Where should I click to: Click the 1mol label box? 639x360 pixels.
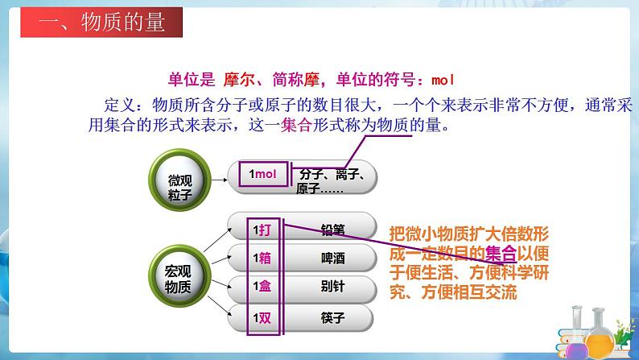tap(262, 174)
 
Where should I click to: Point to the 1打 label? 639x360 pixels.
tap(263, 230)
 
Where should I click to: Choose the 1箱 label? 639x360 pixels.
tap(263, 259)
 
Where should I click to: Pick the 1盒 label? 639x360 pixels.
tap(263, 288)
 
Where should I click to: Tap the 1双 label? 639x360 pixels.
tap(263, 317)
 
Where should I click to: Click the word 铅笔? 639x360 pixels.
tap(332, 230)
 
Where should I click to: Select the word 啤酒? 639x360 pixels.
tap(332, 259)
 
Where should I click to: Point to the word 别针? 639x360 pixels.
tap(332, 288)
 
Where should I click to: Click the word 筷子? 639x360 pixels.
tap(332, 317)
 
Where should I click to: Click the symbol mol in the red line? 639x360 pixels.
tap(444, 80)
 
